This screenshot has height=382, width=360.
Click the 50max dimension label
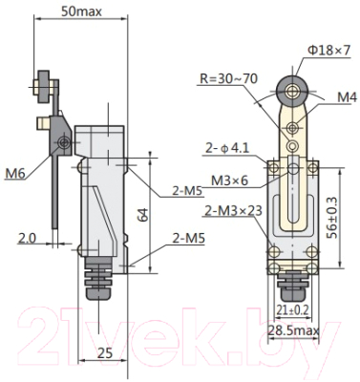coord(81,11)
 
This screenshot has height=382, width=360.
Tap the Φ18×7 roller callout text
coord(328,51)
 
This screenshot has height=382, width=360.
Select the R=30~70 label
coord(228,78)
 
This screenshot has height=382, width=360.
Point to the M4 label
coord(347,97)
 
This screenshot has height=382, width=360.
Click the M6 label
coord(15,174)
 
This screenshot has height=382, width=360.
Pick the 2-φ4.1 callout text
coord(227,148)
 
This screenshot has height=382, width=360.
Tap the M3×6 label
coord(229,180)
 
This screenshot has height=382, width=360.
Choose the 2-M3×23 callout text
coord(233,211)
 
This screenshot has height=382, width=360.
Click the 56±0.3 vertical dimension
coord(333,218)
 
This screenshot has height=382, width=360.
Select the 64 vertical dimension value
coord(143,215)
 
